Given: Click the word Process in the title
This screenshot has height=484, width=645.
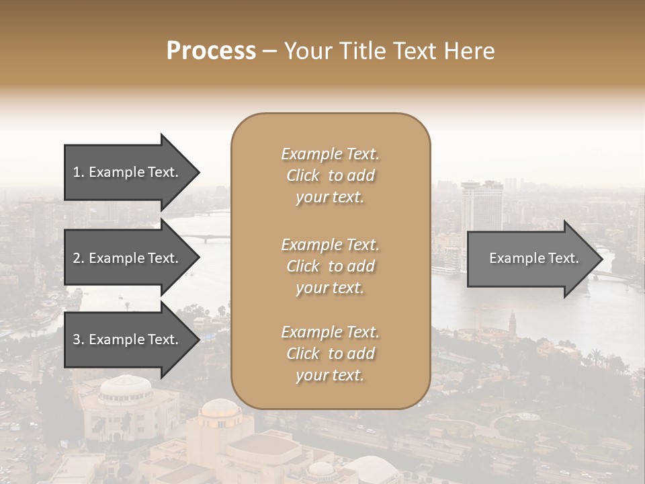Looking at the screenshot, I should pos(211,51).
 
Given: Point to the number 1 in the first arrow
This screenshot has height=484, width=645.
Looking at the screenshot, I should pos(76,173).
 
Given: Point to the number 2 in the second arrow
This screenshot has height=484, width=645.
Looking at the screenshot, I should pos(77,258).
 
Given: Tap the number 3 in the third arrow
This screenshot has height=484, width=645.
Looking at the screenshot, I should pos(77,340).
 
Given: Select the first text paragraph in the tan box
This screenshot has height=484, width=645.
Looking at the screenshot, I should pos(330,175).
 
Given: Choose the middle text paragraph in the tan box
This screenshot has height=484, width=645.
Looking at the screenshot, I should pos(330,266).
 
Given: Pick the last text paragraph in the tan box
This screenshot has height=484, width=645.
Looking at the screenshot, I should pos(330,354).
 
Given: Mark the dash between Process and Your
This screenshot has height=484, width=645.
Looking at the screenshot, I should pos(269,51).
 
